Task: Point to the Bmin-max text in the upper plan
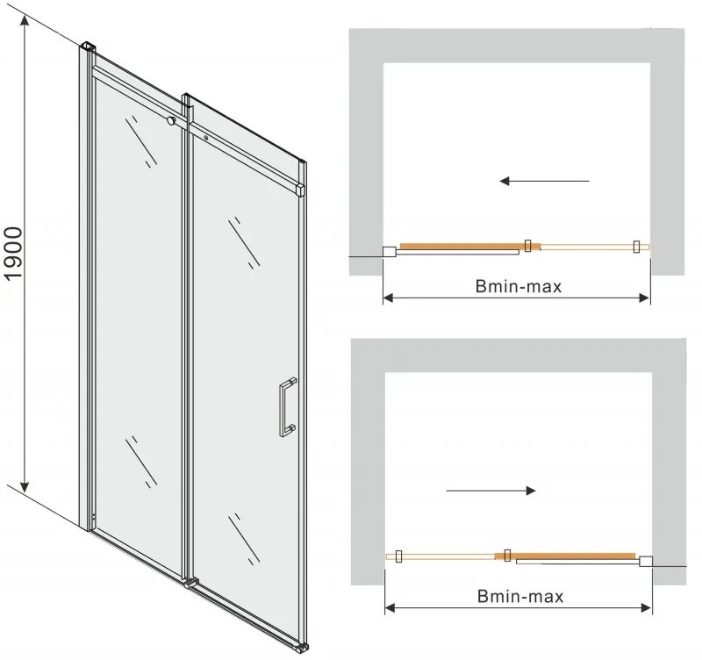click(x=519, y=285)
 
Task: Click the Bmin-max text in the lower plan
click(x=521, y=596)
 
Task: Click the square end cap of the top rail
click(x=301, y=189)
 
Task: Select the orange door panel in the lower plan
click(x=575, y=556)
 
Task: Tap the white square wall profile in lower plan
click(x=647, y=561)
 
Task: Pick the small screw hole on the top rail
click(x=205, y=137)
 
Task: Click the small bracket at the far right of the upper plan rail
click(x=638, y=247)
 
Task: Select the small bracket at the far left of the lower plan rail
click(x=399, y=556)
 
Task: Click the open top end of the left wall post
click(x=88, y=45)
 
